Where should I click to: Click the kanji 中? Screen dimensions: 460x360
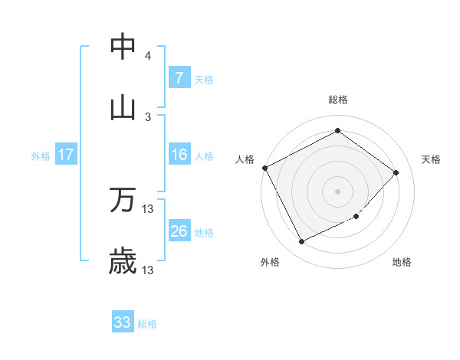pos(123,47)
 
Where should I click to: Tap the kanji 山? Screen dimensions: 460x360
pos(123,108)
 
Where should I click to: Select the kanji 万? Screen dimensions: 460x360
pos(123,200)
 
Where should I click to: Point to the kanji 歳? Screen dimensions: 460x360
pos(123,261)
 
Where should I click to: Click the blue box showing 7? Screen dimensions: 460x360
pos(179,77)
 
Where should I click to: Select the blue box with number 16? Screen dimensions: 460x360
pos(179,155)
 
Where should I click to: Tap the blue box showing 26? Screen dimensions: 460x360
pos(179,231)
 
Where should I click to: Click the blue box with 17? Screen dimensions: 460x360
pos(66,155)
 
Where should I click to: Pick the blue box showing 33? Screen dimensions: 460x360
pos(123,322)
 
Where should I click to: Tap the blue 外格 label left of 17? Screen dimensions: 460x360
pos(41,155)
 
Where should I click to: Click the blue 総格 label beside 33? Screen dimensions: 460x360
pos(147,323)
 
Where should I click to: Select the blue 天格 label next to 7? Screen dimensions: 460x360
pos(204,78)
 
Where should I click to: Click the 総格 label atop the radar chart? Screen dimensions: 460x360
pos(337,100)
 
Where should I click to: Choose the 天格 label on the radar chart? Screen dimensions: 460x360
pos(431,159)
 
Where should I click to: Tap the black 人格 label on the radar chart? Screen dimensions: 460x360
pos(245,159)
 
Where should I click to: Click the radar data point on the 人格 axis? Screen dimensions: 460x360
pos(265,168)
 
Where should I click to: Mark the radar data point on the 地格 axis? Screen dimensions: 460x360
pos(356,217)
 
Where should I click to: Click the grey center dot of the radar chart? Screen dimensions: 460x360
pos(337,191)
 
